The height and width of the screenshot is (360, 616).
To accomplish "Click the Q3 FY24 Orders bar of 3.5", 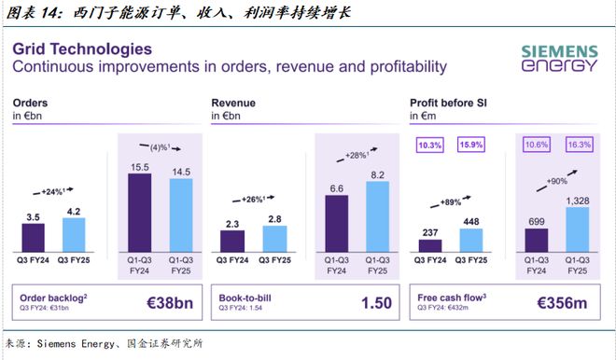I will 33,238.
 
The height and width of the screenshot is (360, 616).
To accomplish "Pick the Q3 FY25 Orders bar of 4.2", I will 72,235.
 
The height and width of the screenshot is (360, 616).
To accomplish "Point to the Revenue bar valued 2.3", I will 232,242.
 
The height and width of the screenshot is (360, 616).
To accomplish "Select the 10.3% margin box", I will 430,145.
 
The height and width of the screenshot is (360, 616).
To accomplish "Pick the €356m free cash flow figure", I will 565,302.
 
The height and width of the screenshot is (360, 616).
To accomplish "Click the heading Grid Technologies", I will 82,48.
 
